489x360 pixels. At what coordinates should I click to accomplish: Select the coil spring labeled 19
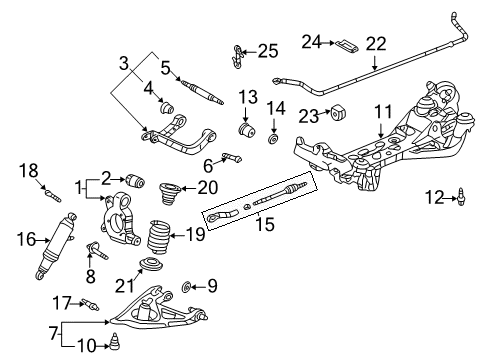[158, 236]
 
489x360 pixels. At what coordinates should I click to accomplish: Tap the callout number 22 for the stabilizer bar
[375, 43]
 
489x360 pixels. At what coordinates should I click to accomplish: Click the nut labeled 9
[186, 288]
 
